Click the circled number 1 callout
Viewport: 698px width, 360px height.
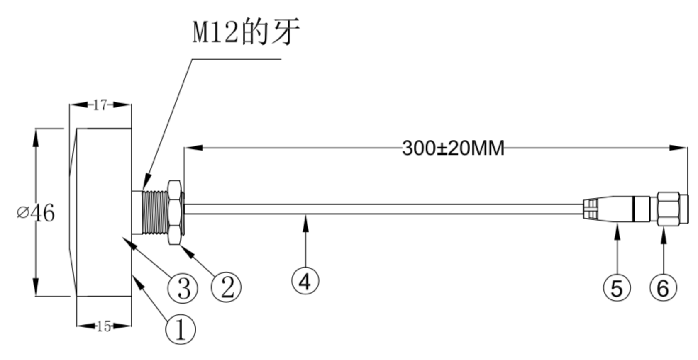[181, 329]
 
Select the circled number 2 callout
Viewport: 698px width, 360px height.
[226, 287]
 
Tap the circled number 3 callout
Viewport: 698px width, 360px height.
[183, 288]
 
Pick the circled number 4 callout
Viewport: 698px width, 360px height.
[305, 281]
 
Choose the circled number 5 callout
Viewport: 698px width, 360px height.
[617, 287]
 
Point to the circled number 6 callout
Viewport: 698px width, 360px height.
[664, 287]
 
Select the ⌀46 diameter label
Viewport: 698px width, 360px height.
[36, 213]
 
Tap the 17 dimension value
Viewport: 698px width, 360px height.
[100, 105]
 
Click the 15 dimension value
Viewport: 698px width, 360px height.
[104, 326]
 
